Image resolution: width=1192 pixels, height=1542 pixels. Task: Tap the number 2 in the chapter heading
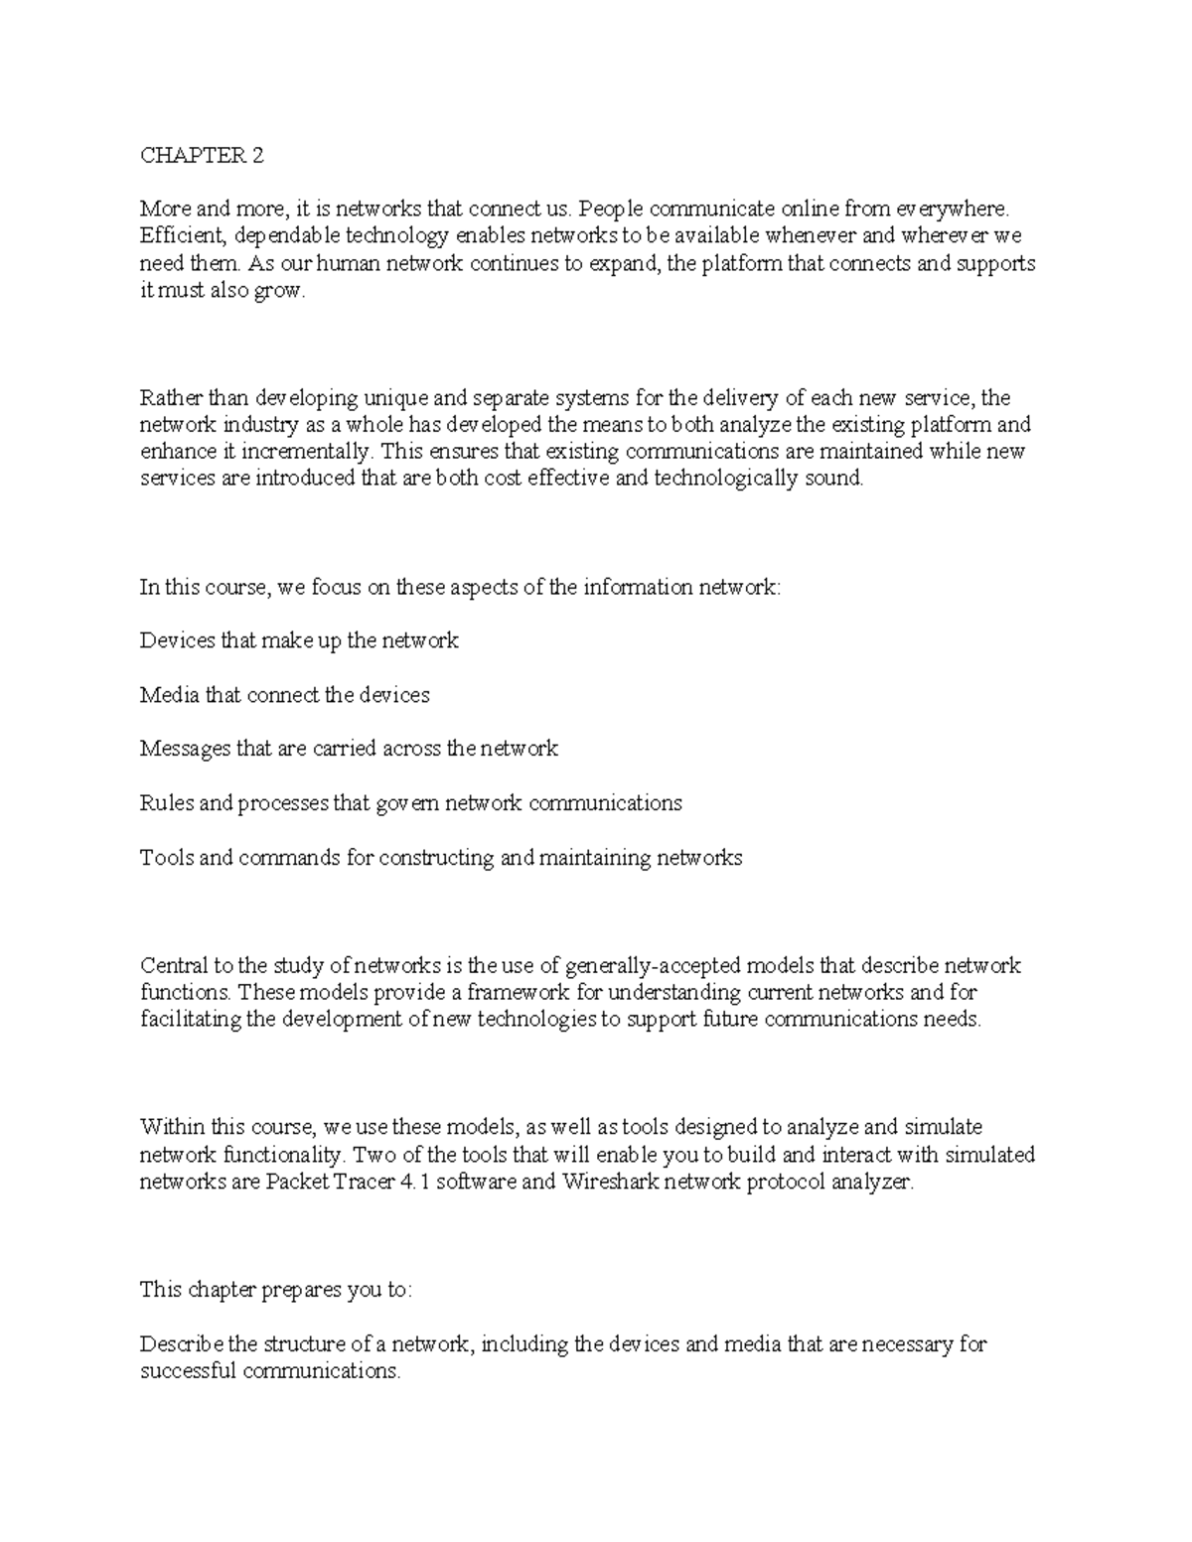[258, 155]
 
